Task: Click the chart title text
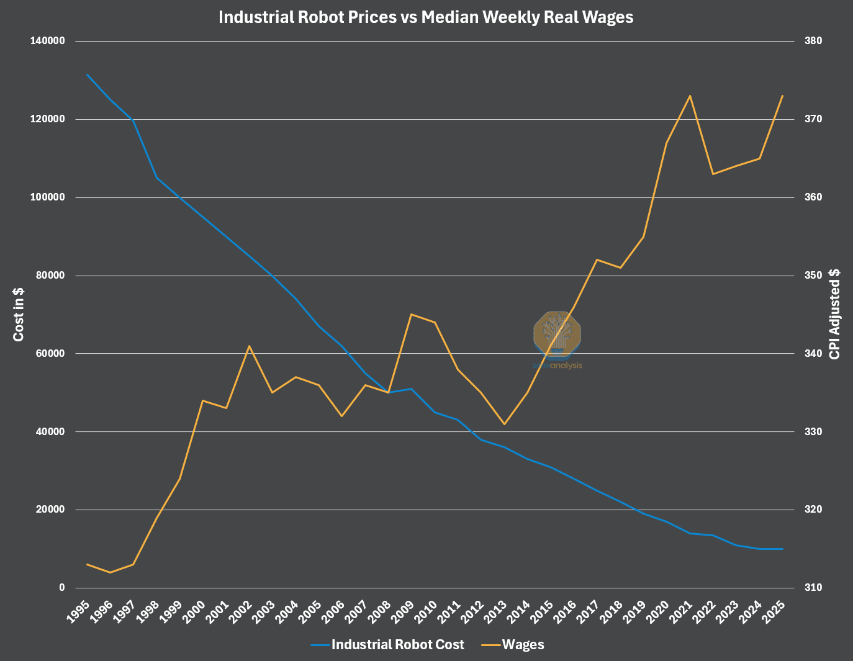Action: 426,17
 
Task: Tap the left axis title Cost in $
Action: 19,314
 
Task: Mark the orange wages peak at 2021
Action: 690,96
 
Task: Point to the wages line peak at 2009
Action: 411,314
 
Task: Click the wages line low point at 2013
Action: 504,424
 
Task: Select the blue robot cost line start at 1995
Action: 88,74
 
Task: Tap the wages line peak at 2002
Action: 249,346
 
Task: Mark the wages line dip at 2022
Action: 713,174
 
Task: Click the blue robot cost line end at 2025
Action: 783,549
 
